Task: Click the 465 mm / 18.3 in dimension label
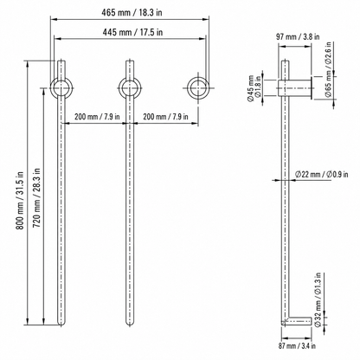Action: (132, 12)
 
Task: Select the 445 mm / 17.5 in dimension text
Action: (132, 32)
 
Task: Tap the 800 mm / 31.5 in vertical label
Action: (20, 201)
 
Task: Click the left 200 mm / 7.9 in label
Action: (97, 117)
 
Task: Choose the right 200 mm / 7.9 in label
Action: (165, 117)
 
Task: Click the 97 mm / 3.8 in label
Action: (298, 36)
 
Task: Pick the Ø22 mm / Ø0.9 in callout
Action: (321, 174)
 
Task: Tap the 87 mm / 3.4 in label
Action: (297, 345)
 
